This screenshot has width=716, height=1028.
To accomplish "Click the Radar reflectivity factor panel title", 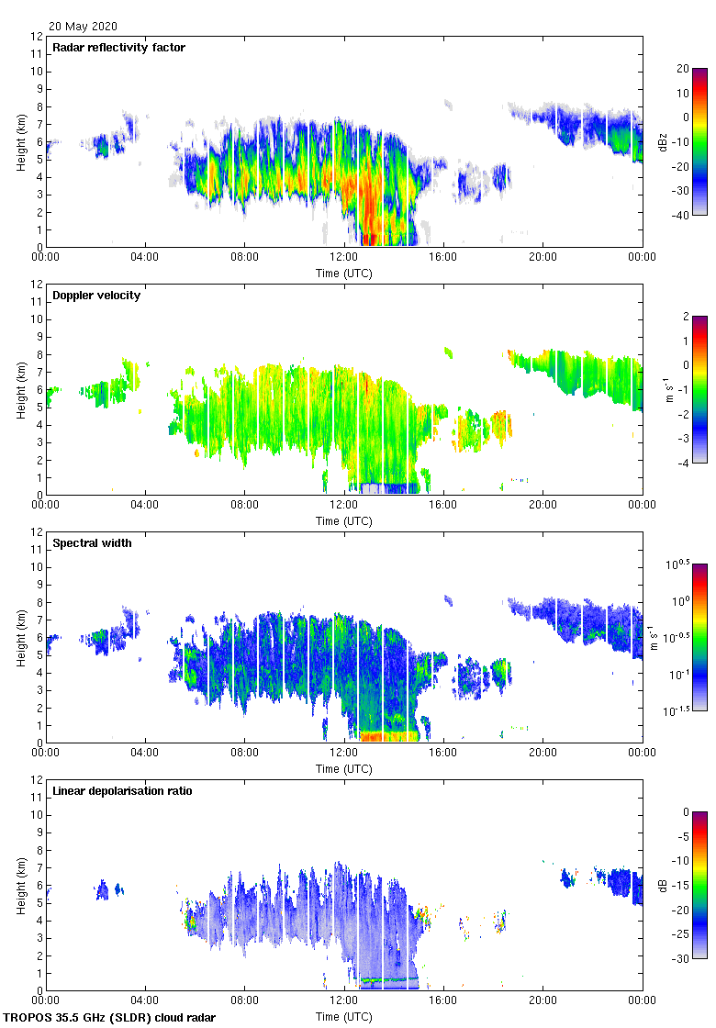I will pyautogui.click(x=119, y=48).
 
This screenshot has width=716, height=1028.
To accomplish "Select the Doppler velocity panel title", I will pyautogui.click(x=96, y=296).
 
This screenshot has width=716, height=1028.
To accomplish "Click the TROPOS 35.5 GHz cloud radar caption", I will pyautogui.click(x=110, y=1018).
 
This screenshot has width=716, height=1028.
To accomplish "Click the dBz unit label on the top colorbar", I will pyautogui.click(x=663, y=141).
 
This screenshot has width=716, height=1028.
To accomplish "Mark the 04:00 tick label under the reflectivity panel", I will pyautogui.click(x=145, y=258).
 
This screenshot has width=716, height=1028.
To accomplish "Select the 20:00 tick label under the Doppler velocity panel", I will pyautogui.click(x=543, y=506).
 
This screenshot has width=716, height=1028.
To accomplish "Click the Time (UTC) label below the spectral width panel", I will pyautogui.click(x=344, y=768).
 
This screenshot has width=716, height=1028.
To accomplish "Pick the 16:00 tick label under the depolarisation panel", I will pyautogui.click(x=443, y=1001).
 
